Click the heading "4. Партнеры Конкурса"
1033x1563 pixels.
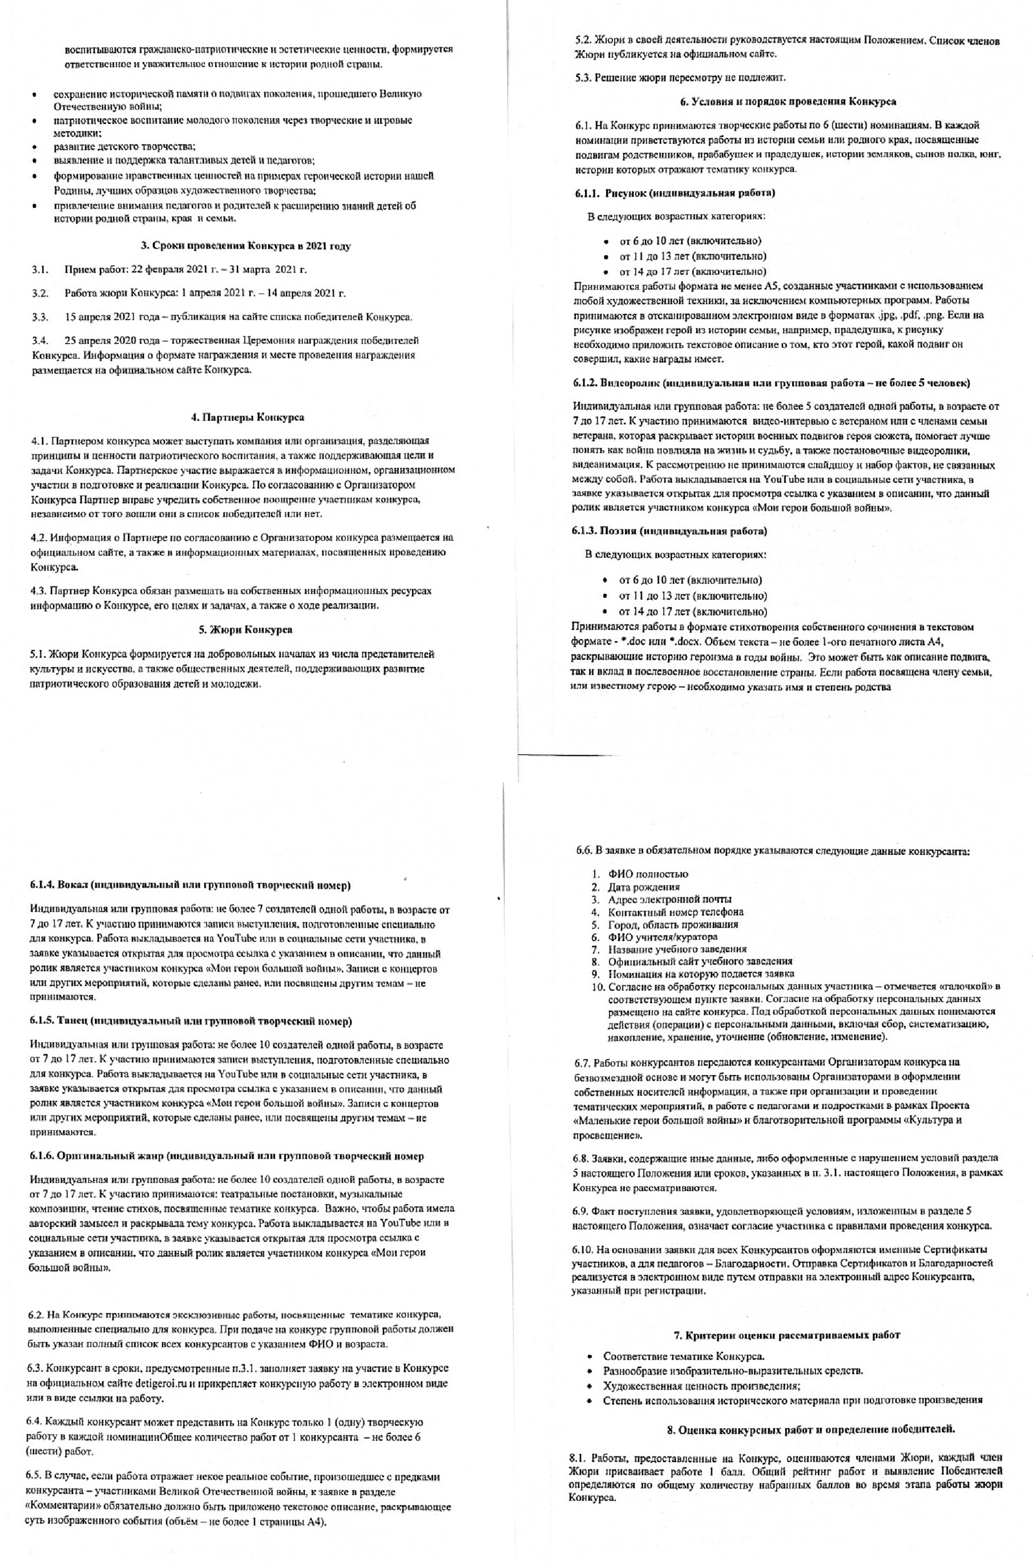pyautogui.click(x=247, y=418)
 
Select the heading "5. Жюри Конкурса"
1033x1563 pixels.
pyautogui.click(x=245, y=629)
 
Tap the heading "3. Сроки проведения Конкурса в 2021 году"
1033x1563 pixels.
pyautogui.click(x=246, y=246)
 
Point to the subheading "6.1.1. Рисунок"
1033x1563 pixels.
pyautogui.click(x=674, y=193)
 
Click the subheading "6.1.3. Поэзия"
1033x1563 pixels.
pyautogui.click(x=670, y=530)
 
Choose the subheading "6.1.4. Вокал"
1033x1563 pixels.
pyautogui.click(x=190, y=884)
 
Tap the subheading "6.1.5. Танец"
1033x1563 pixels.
pyautogui.click(x=191, y=1021)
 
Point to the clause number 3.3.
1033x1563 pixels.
pyautogui.click(x=40, y=318)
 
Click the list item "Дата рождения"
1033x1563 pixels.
pyautogui.click(x=635, y=886)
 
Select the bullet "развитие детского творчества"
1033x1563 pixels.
pyautogui.click(x=125, y=147)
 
